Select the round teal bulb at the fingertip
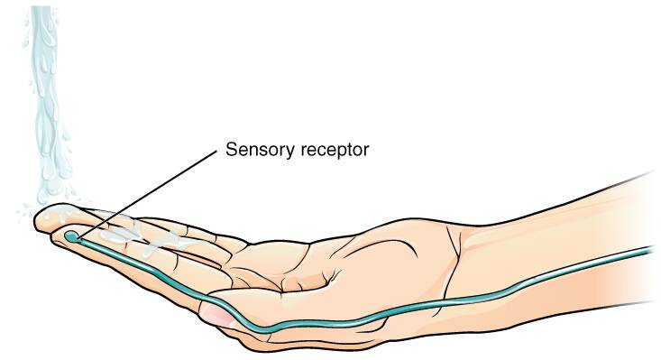point(70,236)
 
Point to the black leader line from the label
point(144,193)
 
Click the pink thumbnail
point(216,313)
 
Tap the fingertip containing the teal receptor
point(65,236)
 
